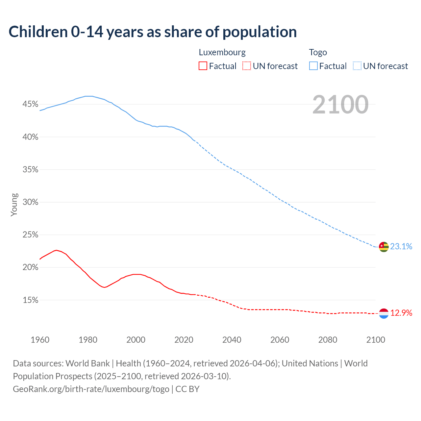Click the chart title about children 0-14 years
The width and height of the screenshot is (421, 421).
click(153, 32)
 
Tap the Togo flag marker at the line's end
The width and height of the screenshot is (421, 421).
click(384, 247)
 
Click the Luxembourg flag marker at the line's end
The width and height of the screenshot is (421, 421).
click(384, 313)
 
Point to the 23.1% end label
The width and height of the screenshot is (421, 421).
click(401, 246)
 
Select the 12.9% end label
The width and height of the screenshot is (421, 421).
click(401, 313)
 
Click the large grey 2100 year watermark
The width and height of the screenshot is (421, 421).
click(340, 105)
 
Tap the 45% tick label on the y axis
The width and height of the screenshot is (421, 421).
click(30, 104)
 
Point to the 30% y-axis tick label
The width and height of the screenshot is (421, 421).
click(30, 202)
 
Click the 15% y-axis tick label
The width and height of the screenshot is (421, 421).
click(30, 300)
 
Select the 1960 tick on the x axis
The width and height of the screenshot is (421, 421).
click(40, 340)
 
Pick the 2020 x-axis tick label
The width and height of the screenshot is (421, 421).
click(184, 340)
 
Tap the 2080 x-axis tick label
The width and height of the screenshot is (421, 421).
click(328, 340)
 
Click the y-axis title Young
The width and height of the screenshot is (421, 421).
click(14, 205)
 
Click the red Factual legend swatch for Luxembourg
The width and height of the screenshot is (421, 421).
click(203, 66)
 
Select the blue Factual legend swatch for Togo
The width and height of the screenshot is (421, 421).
click(313, 66)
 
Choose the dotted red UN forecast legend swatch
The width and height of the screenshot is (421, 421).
click(247, 66)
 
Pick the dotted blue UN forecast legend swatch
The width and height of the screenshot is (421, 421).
click(357, 66)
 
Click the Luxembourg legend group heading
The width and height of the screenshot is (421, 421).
click(222, 52)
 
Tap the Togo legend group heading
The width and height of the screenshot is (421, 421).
click(318, 52)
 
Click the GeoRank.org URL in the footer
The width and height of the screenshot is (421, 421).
click(91, 389)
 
